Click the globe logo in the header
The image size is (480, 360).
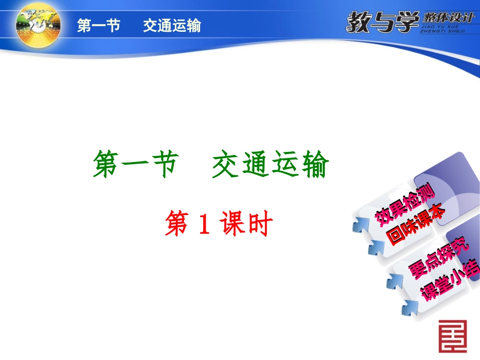38,24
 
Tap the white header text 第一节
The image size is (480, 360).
99,26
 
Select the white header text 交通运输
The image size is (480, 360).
172,26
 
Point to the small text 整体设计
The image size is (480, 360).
448,18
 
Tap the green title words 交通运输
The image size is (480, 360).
270,166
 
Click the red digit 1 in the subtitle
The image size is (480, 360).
203,225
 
